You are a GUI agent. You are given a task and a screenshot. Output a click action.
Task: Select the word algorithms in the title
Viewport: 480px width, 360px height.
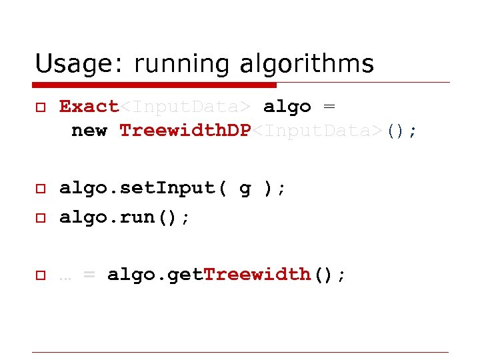tap(311, 65)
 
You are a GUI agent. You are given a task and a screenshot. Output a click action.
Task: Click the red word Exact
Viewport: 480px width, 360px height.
tap(89, 106)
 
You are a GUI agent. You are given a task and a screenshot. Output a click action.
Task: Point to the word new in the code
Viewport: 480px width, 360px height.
tap(89, 130)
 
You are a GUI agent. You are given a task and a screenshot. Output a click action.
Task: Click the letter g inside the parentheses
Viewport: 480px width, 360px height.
tap(245, 190)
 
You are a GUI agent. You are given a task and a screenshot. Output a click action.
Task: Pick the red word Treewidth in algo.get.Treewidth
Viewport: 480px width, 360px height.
tap(257, 274)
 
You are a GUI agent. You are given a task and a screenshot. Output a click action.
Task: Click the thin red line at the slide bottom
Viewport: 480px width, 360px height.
tap(240, 352)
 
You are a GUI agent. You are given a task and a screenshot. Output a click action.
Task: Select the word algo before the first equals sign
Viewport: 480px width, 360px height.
tap(287, 106)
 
